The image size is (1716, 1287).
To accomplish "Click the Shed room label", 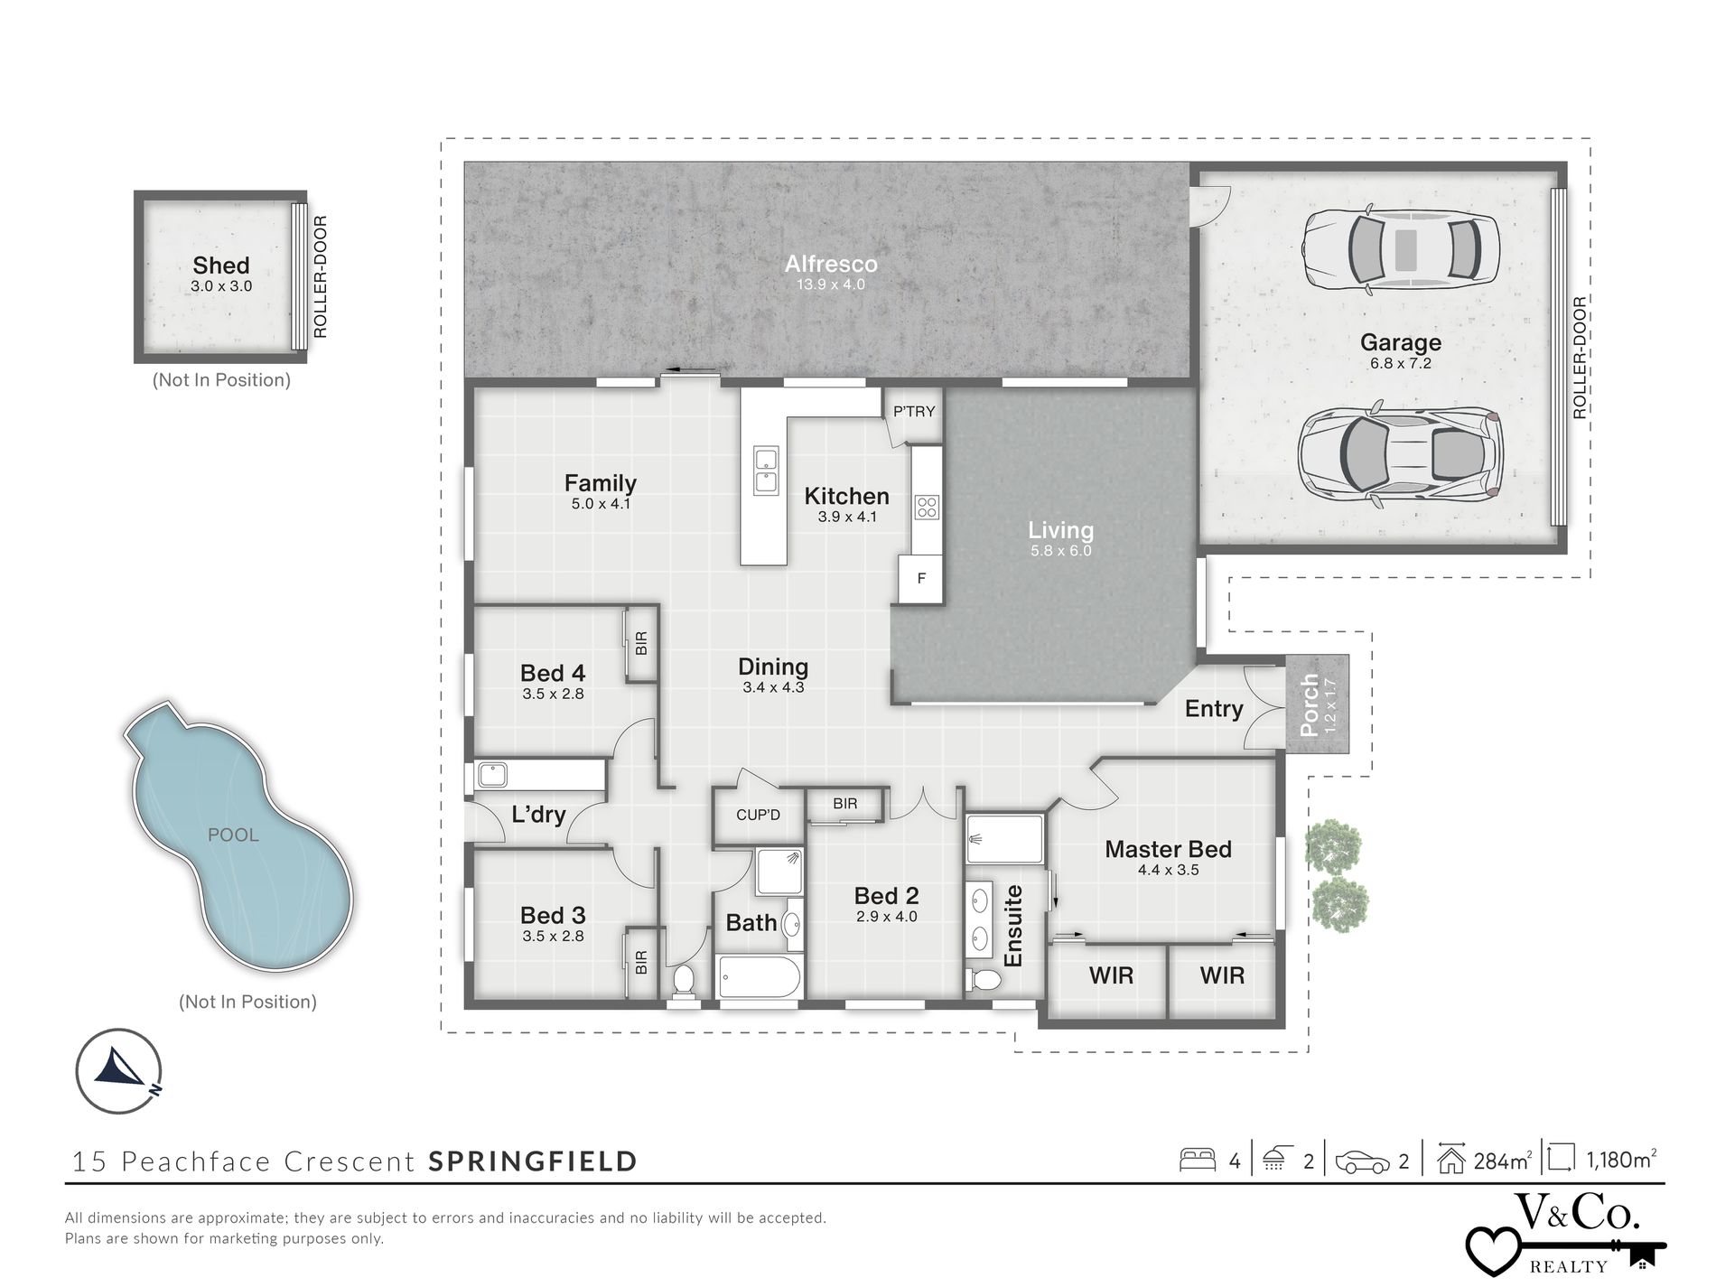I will pyautogui.click(x=220, y=266).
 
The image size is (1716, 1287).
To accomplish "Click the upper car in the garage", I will pyautogui.click(x=1400, y=250).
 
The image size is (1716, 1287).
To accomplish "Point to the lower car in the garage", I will pyautogui.click(x=1400, y=453).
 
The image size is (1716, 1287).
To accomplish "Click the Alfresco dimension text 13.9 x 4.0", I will pyautogui.click(x=830, y=284).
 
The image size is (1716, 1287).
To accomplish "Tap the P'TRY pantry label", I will pyautogui.click(x=914, y=412).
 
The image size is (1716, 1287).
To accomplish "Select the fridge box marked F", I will pyautogui.click(x=921, y=578).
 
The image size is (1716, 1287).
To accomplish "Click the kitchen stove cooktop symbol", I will pyautogui.click(x=927, y=508).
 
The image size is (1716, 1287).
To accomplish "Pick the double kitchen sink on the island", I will pyautogui.click(x=766, y=471).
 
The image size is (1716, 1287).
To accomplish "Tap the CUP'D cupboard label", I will pyautogui.click(x=758, y=815).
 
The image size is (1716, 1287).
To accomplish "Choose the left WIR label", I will pyautogui.click(x=1110, y=975).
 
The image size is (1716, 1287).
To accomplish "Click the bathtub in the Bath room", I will pyautogui.click(x=759, y=977).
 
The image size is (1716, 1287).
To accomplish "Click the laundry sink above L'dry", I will pyautogui.click(x=493, y=774).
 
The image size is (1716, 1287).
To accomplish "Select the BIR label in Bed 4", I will pyautogui.click(x=641, y=643).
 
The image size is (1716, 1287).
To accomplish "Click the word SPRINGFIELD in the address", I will pyautogui.click(x=533, y=1161).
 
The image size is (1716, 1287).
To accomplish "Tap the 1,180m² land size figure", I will pyautogui.click(x=1620, y=1160).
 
